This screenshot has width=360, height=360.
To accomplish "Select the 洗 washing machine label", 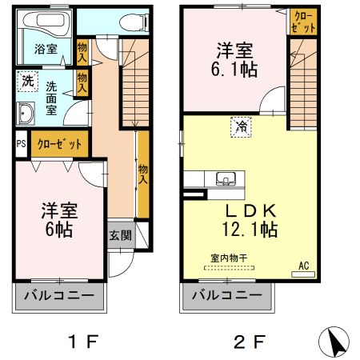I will (x=27, y=80).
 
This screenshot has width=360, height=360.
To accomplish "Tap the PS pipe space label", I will (x=20, y=145).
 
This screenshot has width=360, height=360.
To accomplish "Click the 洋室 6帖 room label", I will (x=59, y=220).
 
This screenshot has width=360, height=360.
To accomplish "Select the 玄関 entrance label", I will (x=121, y=235).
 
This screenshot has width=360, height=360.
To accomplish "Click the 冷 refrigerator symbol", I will (x=240, y=126).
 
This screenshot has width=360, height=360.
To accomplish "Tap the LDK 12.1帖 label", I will (x=250, y=220).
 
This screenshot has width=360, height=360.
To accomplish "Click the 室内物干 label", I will (x=227, y=258).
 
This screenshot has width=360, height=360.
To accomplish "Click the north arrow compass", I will (x=336, y=342).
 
